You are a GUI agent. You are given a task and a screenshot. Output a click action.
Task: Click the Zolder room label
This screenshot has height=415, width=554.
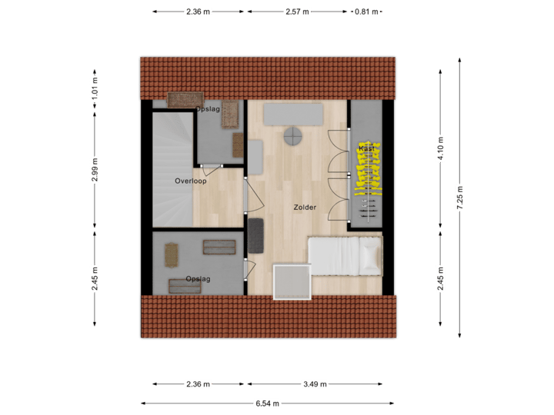click(x=305, y=207)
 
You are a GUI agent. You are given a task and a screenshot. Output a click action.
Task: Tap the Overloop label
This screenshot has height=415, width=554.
click(x=190, y=181)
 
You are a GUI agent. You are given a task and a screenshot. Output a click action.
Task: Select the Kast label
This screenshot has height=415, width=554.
click(x=366, y=148)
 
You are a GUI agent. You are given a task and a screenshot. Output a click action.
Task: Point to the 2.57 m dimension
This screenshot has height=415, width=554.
click(x=297, y=12)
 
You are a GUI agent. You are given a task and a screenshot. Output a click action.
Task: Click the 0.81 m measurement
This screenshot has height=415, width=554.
click(x=366, y=12)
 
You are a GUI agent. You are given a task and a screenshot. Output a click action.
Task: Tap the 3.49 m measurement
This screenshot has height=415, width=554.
click(x=315, y=384)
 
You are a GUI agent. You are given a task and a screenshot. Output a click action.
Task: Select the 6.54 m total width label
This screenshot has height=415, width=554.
click(x=267, y=403)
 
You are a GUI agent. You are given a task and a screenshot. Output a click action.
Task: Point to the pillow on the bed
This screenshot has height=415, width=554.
click(x=371, y=255)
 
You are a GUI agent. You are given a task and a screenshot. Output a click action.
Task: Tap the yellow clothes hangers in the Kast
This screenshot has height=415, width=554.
click(x=366, y=169)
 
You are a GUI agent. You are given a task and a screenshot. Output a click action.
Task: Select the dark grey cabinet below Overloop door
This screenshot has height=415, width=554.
click(x=255, y=234)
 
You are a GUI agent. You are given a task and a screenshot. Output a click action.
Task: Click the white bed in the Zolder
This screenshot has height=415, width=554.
click(x=345, y=255)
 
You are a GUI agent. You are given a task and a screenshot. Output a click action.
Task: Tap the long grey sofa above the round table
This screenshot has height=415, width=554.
click(x=293, y=114)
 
